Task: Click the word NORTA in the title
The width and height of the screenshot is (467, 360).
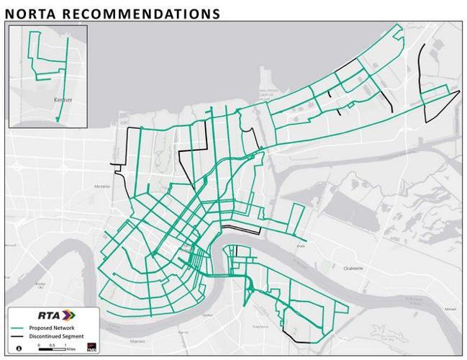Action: click(33, 13)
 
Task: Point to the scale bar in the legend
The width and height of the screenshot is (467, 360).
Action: click(53, 346)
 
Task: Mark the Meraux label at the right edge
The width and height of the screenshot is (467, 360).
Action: click(450, 308)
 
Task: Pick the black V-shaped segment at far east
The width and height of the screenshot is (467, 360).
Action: click(437, 108)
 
